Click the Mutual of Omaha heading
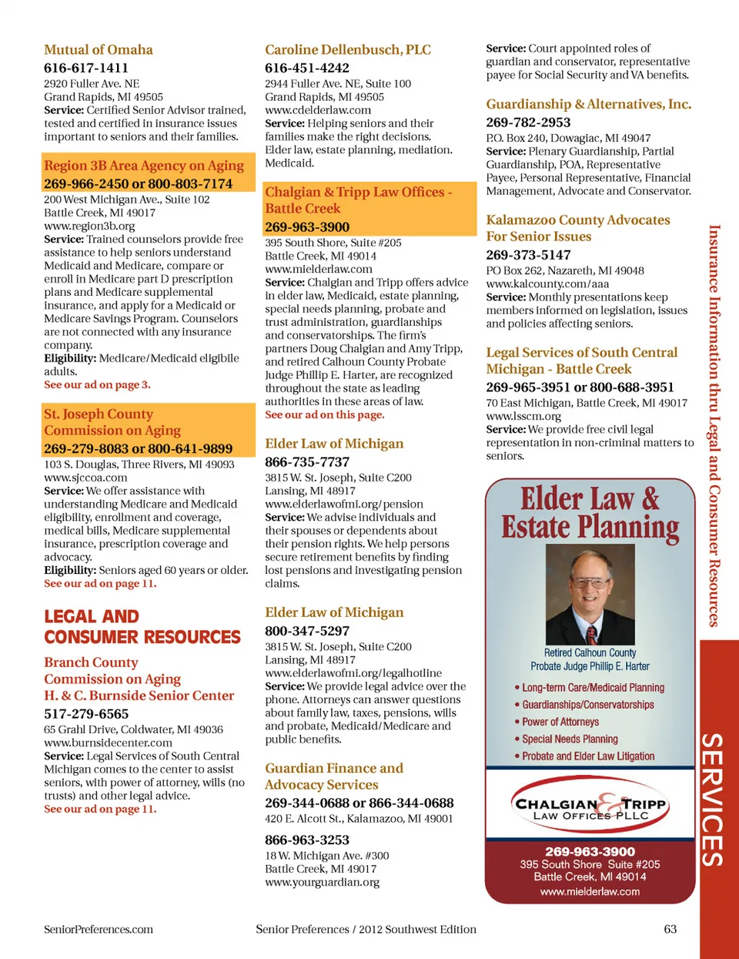click(98, 50)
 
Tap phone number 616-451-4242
click(306, 68)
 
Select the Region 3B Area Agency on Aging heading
click(144, 166)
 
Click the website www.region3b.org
click(89, 226)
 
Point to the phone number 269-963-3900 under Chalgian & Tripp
click(306, 227)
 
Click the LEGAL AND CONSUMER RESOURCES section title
click(142, 627)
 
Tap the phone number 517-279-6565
click(86, 714)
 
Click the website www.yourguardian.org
click(322, 882)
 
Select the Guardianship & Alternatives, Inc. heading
click(588, 105)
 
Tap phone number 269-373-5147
click(528, 255)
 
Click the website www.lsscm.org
click(523, 416)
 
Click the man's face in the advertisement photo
click(590, 586)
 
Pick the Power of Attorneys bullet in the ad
click(560, 722)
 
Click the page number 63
click(670, 929)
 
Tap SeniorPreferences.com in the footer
click(99, 929)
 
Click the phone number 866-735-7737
click(306, 462)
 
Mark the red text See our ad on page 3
click(97, 384)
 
